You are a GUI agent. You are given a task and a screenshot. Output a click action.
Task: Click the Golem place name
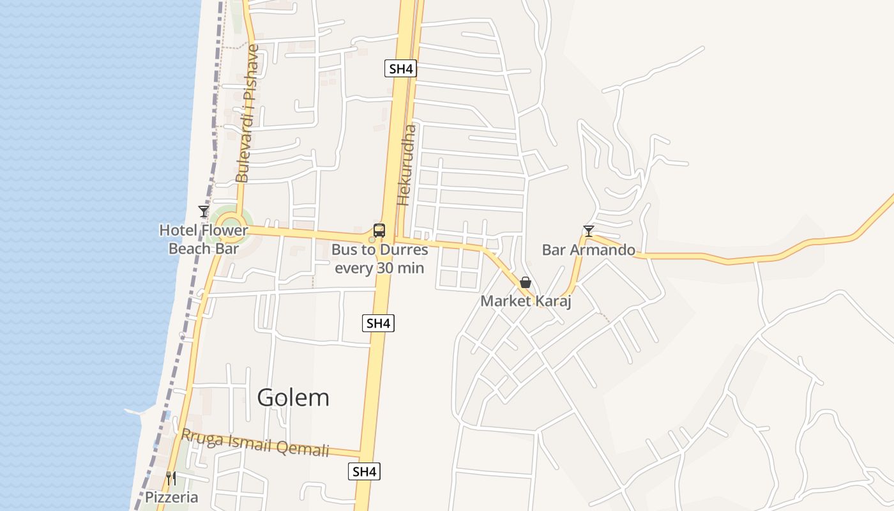(x=293, y=397)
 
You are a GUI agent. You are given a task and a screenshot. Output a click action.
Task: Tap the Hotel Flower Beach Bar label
(x=203, y=239)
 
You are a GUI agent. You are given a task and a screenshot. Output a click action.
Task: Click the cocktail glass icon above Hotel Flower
(x=204, y=211)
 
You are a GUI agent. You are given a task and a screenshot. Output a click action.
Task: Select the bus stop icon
(x=379, y=231)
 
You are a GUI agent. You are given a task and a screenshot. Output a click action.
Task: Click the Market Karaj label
(x=525, y=301)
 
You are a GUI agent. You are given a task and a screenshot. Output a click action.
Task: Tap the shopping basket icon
(x=526, y=282)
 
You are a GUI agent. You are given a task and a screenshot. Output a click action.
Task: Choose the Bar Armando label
(x=588, y=250)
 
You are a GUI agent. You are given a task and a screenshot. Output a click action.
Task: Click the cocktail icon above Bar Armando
(x=588, y=231)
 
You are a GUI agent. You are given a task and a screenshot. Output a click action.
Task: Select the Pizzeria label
(x=171, y=497)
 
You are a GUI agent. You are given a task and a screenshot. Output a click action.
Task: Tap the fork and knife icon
(x=171, y=478)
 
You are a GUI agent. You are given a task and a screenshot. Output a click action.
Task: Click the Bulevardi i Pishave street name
(x=248, y=113)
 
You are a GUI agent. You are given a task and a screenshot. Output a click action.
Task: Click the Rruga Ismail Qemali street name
(x=255, y=442)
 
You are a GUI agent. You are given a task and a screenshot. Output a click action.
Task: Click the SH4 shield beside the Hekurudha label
(x=400, y=69)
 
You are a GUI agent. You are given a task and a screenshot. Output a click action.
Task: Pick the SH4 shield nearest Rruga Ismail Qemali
(x=364, y=472)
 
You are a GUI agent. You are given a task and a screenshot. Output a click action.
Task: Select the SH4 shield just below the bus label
(x=378, y=323)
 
